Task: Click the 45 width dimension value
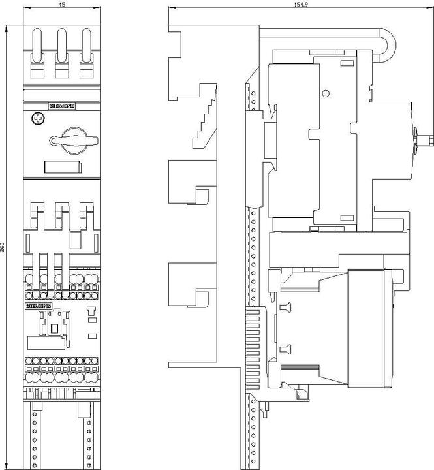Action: (61, 3)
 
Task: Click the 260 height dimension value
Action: (3, 247)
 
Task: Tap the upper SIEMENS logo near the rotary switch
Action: (63, 106)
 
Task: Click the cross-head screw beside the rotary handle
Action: (38, 119)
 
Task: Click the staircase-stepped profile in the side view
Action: (204, 114)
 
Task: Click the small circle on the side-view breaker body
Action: (324, 93)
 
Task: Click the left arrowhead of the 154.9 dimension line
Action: (171, 8)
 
